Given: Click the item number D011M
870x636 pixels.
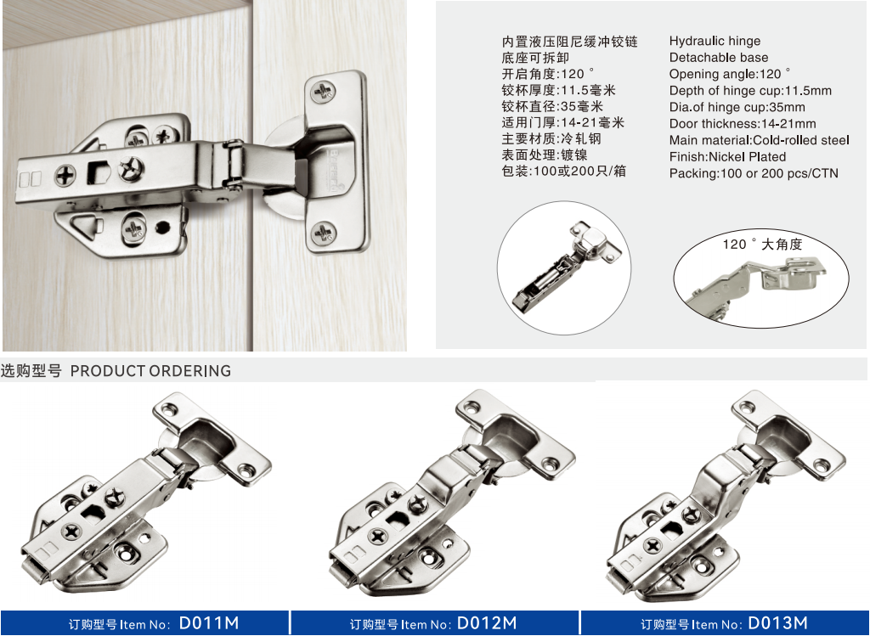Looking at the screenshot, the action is (209, 623).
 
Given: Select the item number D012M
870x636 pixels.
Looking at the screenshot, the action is (487, 623).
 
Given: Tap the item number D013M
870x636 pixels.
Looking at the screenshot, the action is (778, 623).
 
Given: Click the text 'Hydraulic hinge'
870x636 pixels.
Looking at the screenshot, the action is (715, 41).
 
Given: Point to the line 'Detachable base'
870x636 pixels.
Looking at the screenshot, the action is (719, 58).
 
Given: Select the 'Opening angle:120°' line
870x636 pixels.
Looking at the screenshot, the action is (730, 75).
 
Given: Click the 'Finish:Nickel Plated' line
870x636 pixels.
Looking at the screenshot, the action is (727, 157).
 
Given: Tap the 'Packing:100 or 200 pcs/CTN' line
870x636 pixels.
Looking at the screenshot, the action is (754, 173).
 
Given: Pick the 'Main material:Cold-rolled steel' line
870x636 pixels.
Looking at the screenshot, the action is (759, 140).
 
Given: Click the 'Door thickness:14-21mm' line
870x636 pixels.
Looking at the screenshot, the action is (743, 124).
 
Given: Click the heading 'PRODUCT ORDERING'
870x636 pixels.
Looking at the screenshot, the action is (150, 371).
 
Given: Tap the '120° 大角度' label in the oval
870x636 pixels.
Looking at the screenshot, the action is (762, 244).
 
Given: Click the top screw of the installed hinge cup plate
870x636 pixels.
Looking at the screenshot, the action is (324, 91).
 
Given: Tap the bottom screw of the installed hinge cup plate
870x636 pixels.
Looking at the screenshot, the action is (323, 233).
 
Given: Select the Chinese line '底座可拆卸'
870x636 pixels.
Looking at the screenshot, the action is (535, 58).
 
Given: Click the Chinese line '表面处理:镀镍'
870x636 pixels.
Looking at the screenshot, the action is (545, 155).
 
